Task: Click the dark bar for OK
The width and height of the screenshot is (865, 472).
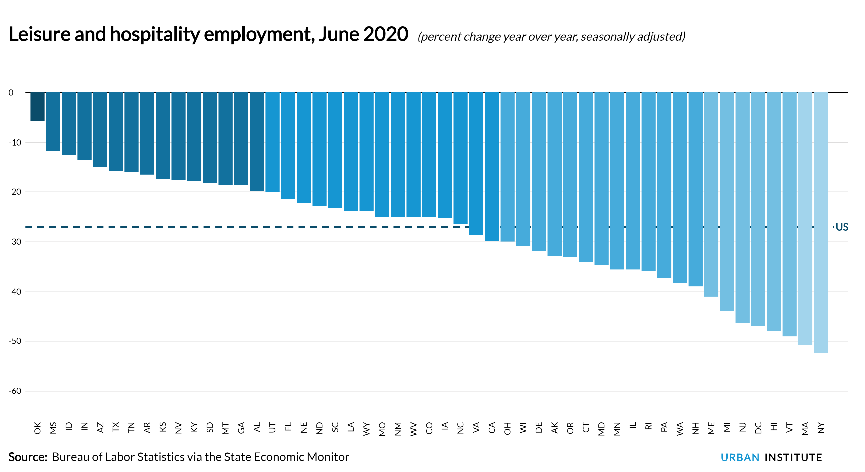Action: [37, 107]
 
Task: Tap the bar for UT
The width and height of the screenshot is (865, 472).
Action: [272, 142]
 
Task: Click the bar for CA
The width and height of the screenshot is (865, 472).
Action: [492, 166]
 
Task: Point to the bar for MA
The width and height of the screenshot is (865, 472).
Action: [805, 218]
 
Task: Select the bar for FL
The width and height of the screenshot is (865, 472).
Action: [288, 146]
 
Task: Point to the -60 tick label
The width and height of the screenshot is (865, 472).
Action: [15, 391]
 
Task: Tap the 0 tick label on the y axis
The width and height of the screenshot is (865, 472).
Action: [11, 93]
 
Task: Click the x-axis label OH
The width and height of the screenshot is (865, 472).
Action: [507, 428]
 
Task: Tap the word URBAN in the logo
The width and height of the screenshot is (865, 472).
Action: [740, 457]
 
